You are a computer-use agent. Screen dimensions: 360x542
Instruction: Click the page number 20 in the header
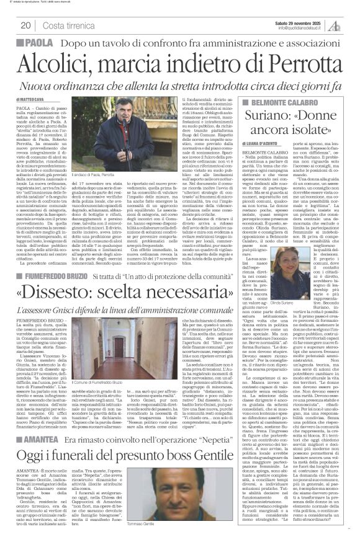point(26,25)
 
